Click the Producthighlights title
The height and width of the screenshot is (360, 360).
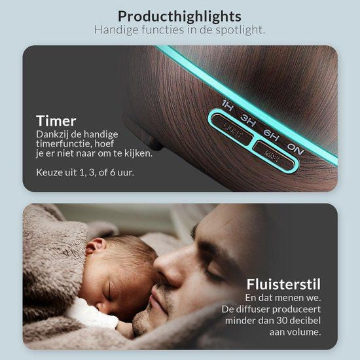179,17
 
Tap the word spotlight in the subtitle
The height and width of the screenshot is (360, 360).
240,30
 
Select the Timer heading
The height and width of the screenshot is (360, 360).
56,121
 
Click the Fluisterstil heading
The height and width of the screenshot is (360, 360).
283,284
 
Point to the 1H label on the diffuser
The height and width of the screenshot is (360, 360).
228,106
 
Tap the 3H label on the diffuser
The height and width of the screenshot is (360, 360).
247,120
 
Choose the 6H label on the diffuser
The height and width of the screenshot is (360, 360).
271,135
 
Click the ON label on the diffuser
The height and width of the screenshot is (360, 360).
295,149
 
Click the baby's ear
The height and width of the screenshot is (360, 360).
96,246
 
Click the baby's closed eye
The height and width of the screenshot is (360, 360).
112,291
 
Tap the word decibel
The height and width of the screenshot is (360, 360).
306,321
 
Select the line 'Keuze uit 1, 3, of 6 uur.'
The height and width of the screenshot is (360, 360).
85,172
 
